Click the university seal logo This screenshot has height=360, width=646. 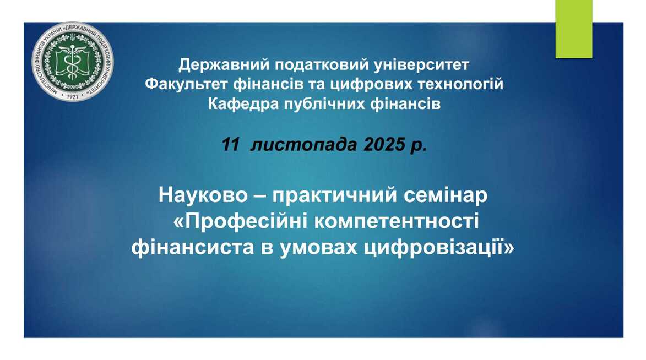[73, 62]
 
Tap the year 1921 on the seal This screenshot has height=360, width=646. [72, 96]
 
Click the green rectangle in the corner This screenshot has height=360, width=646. [574, 29]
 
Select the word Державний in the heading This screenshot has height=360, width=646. [224, 64]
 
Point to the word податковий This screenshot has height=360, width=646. [323, 64]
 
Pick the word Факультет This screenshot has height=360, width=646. [187, 84]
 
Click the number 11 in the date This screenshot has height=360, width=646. [230, 145]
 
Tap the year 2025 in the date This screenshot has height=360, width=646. [384, 145]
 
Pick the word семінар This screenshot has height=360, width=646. [446, 195]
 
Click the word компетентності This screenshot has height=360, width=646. [397, 222]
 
